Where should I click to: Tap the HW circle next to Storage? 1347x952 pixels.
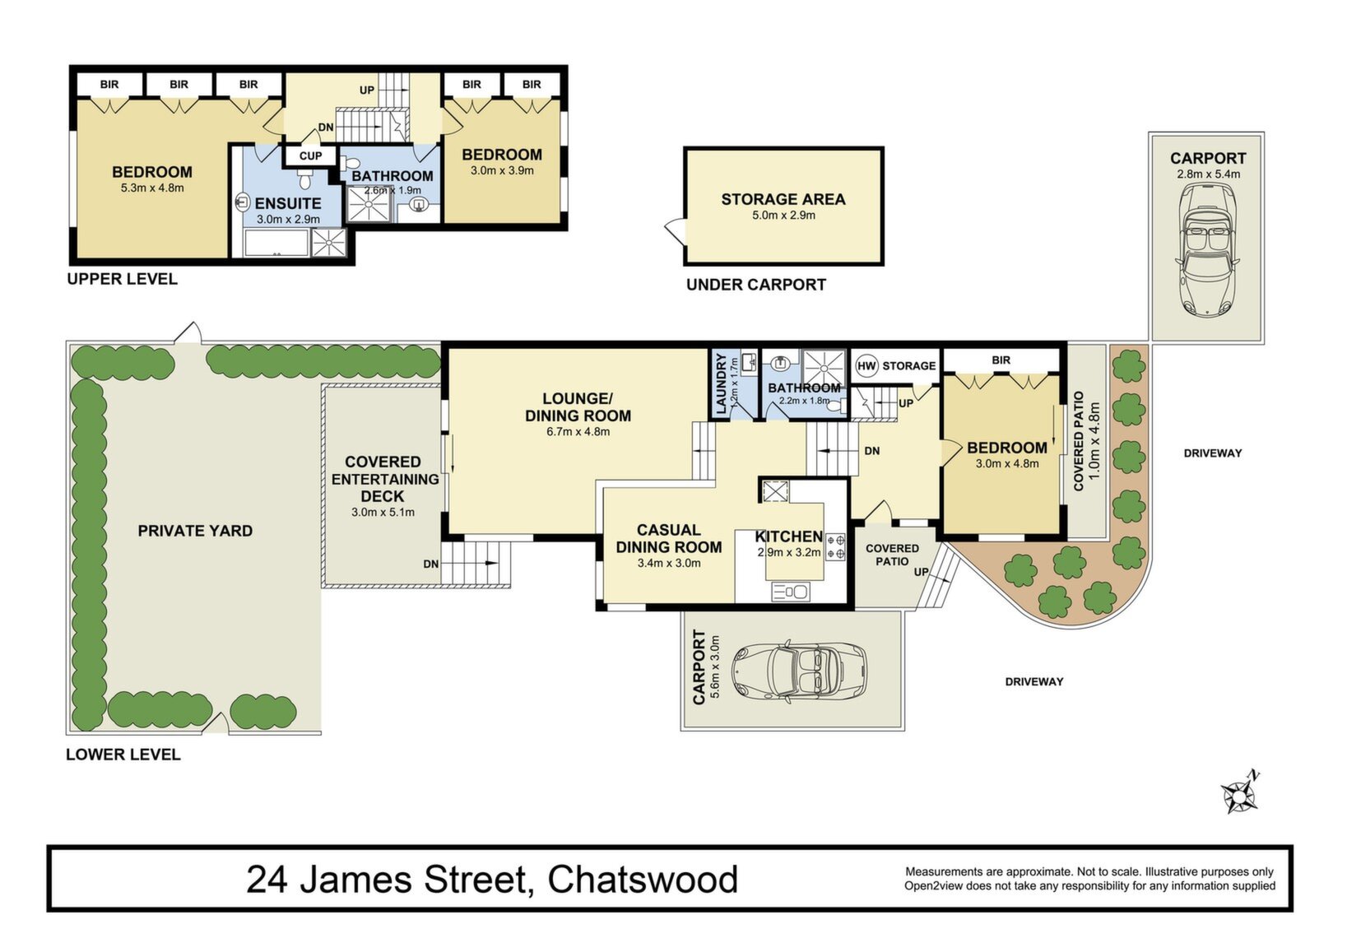point(866,365)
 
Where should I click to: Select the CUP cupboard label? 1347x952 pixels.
point(310,156)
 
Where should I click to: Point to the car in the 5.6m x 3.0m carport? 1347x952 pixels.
point(799,671)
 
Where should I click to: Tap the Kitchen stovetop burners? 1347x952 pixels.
point(837,546)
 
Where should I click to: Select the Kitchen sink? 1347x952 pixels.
point(790,592)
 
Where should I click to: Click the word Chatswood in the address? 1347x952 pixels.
point(642,880)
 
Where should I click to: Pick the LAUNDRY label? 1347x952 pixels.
point(722,383)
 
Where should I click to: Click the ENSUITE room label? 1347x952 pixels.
point(287,203)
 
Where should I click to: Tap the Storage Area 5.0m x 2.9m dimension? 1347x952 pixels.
point(783,216)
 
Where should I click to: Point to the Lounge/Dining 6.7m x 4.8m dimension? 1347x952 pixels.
point(578,431)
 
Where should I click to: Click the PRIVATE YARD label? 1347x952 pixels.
point(195,531)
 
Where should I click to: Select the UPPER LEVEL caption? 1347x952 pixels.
point(122,279)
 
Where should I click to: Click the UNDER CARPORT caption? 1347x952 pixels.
point(756,285)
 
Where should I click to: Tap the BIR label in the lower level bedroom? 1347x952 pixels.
point(1001,360)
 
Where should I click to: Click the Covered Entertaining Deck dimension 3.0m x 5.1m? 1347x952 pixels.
point(383,513)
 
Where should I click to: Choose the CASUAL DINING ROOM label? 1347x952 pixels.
point(669,538)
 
